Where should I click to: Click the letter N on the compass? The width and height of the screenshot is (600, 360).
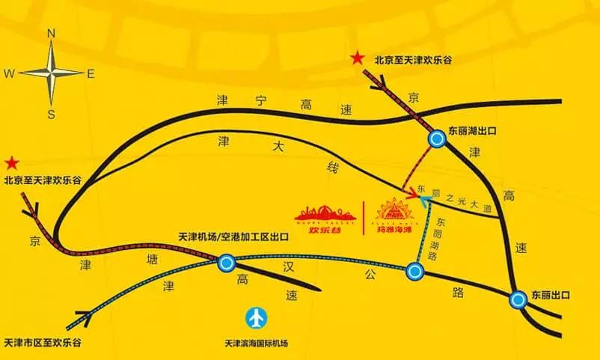pyautogui.click(x=51, y=33)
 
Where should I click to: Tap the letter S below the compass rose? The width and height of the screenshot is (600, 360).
pyautogui.click(x=52, y=114)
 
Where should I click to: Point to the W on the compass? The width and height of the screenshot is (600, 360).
pyautogui.click(x=9, y=73)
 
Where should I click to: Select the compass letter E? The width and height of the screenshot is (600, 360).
pyautogui.click(x=91, y=73)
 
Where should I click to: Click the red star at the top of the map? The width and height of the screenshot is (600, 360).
pyautogui.click(x=359, y=58)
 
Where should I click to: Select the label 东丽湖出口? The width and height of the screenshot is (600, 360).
pyautogui.click(x=473, y=129)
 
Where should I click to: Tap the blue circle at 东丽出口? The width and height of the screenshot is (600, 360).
pyautogui.click(x=518, y=300)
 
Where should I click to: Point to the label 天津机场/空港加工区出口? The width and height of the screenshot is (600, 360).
pyautogui.click(x=234, y=237)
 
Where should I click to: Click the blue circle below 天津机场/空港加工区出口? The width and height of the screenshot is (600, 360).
pyautogui.click(x=227, y=263)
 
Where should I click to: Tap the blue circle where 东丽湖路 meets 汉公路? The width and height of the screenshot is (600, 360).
pyautogui.click(x=416, y=272)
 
